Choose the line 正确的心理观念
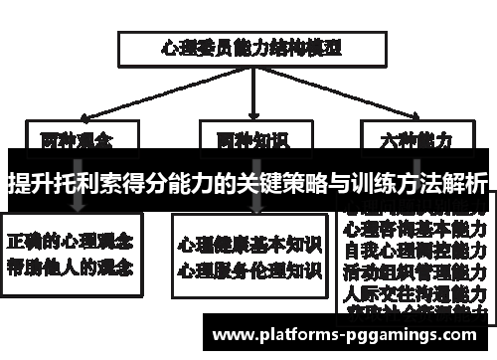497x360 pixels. coord(73,242)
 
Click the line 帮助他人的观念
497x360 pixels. coord(73,267)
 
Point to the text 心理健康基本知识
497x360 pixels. coord(248,244)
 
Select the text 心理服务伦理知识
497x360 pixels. coord(248,269)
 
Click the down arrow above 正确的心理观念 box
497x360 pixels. coord(77,205)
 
